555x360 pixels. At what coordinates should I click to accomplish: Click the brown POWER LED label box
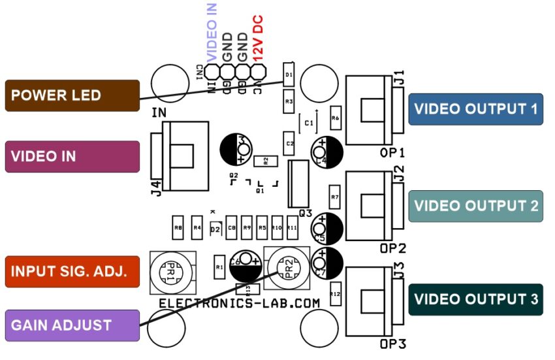point(72,95)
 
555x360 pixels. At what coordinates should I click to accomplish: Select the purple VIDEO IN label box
point(72,157)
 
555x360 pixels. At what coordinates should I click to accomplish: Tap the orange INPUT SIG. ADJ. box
point(72,271)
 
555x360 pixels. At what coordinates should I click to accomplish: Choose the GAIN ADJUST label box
point(72,325)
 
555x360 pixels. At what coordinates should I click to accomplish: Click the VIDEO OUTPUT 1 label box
point(475,109)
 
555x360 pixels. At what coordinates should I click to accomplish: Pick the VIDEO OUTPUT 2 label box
point(475,206)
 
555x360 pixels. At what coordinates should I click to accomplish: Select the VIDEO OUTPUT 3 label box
point(475,300)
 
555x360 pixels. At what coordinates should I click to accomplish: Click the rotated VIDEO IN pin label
point(212,32)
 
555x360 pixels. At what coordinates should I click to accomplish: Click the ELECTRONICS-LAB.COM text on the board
point(240,304)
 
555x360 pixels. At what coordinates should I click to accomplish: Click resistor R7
point(336,196)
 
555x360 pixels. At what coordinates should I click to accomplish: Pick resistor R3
point(289,102)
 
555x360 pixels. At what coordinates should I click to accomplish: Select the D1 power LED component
point(289,74)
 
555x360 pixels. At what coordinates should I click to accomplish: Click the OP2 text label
point(393,248)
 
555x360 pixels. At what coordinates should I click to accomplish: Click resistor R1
point(219,266)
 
